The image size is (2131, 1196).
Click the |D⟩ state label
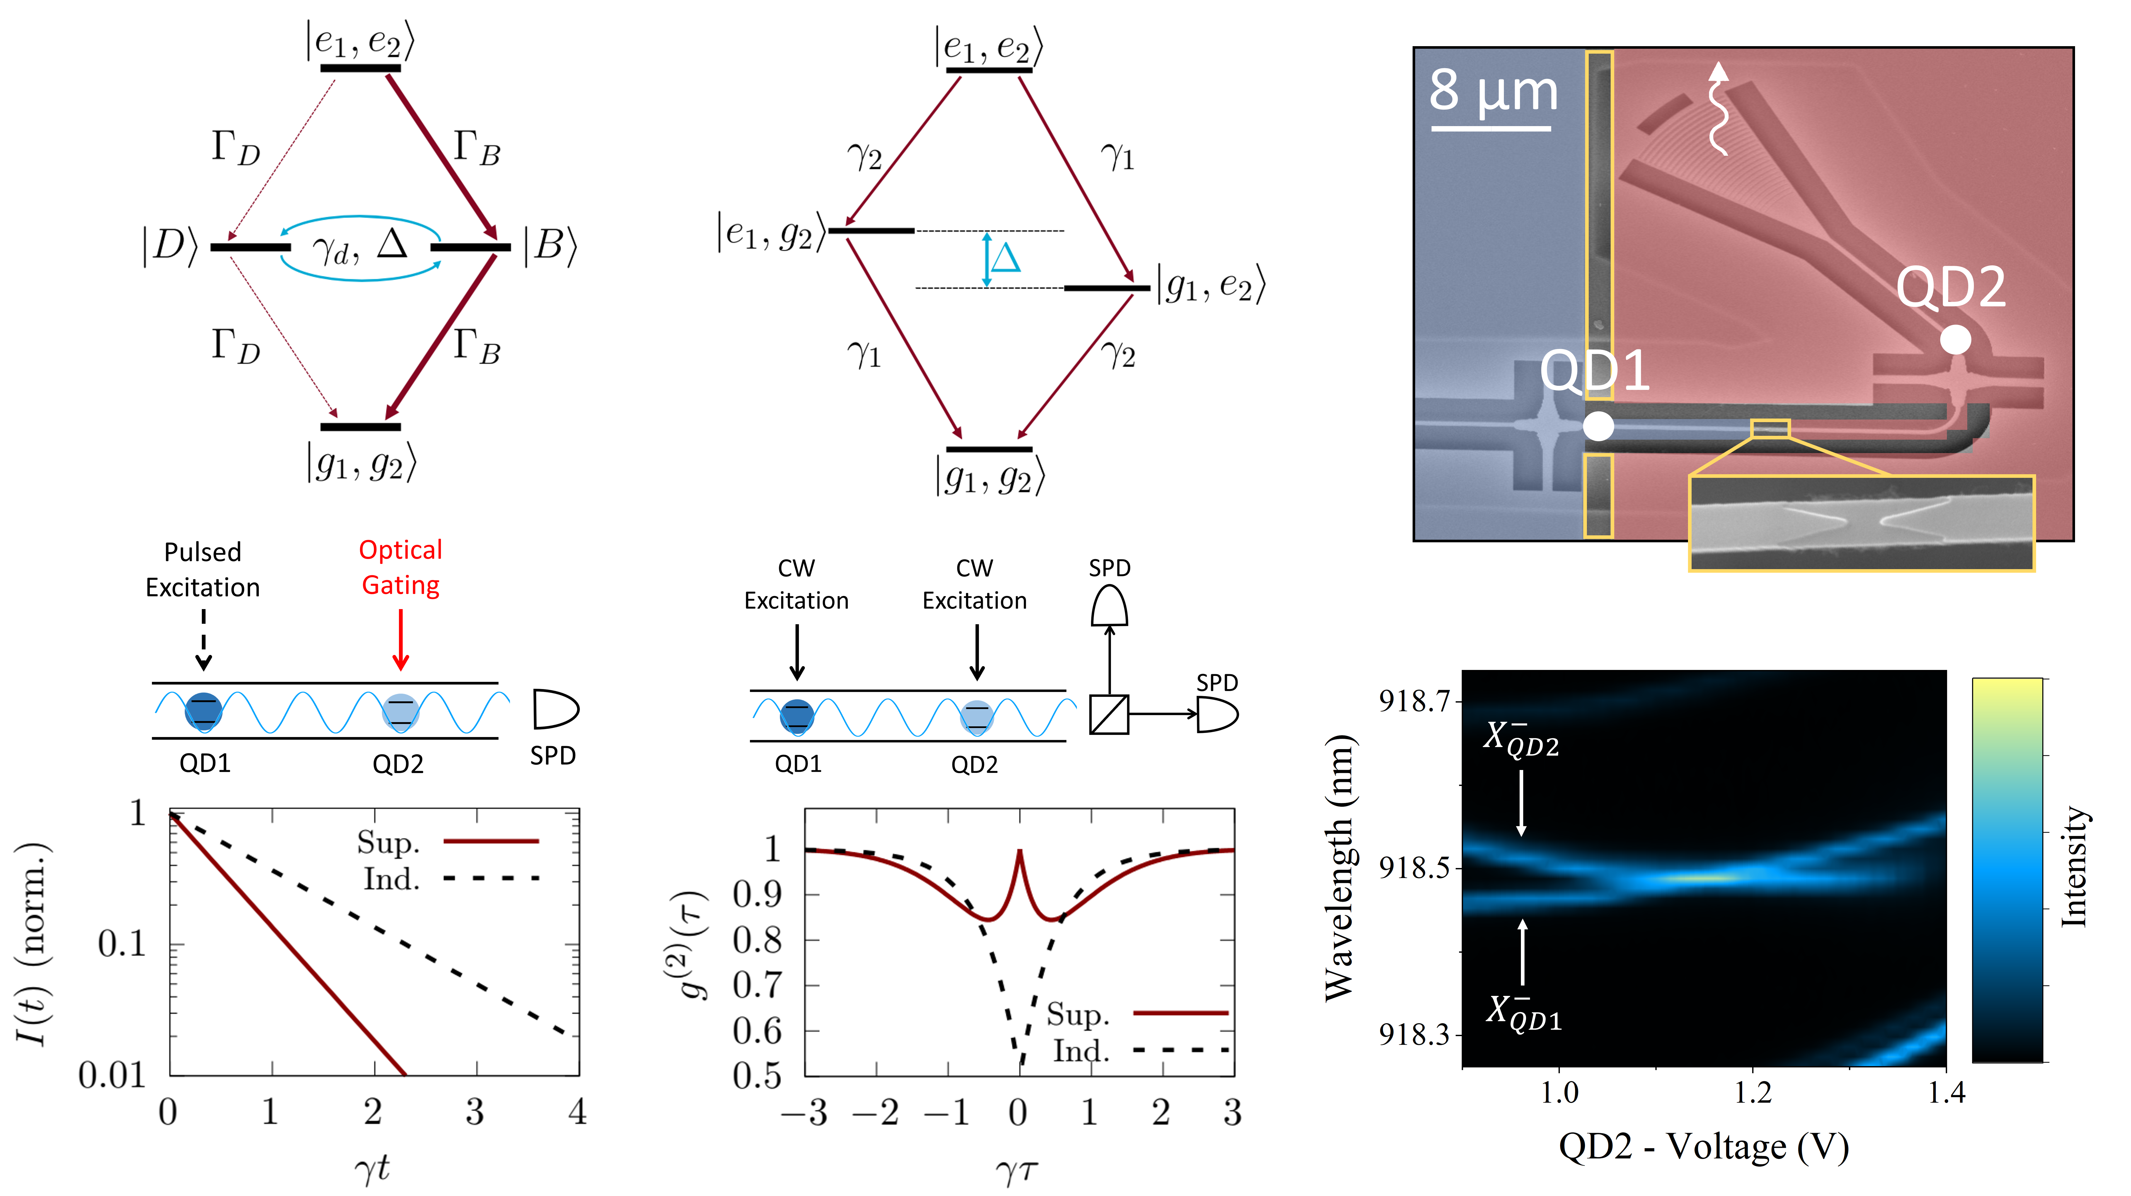tap(170, 247)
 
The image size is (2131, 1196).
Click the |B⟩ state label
tap(549, 247)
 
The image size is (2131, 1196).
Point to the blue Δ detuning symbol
tap(1005, 258)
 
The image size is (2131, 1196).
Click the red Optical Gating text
tap(400, 567)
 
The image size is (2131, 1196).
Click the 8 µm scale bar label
tap(1493, 91)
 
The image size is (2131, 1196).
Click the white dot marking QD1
tap(1598, 426)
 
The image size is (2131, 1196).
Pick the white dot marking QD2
tap(1956, 339)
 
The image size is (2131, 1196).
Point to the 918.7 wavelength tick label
tap(1415, 701)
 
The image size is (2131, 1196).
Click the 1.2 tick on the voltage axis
tap(1752, 1093)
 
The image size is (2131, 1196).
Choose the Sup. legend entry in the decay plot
tap(389, 842)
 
